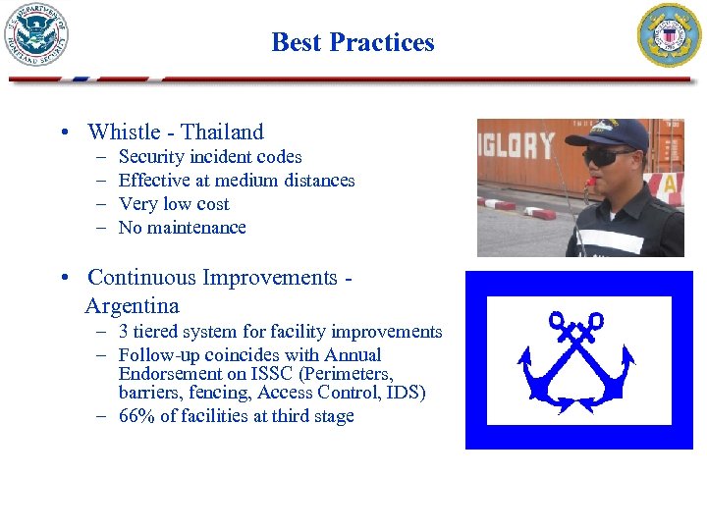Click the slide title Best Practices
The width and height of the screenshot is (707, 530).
tap(353, 42)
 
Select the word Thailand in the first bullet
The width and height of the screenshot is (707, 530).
tap(222, 132)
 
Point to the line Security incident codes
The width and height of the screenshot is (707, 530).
tap(209, 157)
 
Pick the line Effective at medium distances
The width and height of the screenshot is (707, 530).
tap(236, 181)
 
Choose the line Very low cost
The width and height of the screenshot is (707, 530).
tap(173, 204)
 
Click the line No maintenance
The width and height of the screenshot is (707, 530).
tap(182, 228)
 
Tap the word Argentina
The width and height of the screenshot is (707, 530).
tap(132, 305)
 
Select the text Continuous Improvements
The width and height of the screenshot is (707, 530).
tap(212, 278)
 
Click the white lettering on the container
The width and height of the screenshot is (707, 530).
tap(517, 146)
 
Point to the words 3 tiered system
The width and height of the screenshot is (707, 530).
tap(179, 332)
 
